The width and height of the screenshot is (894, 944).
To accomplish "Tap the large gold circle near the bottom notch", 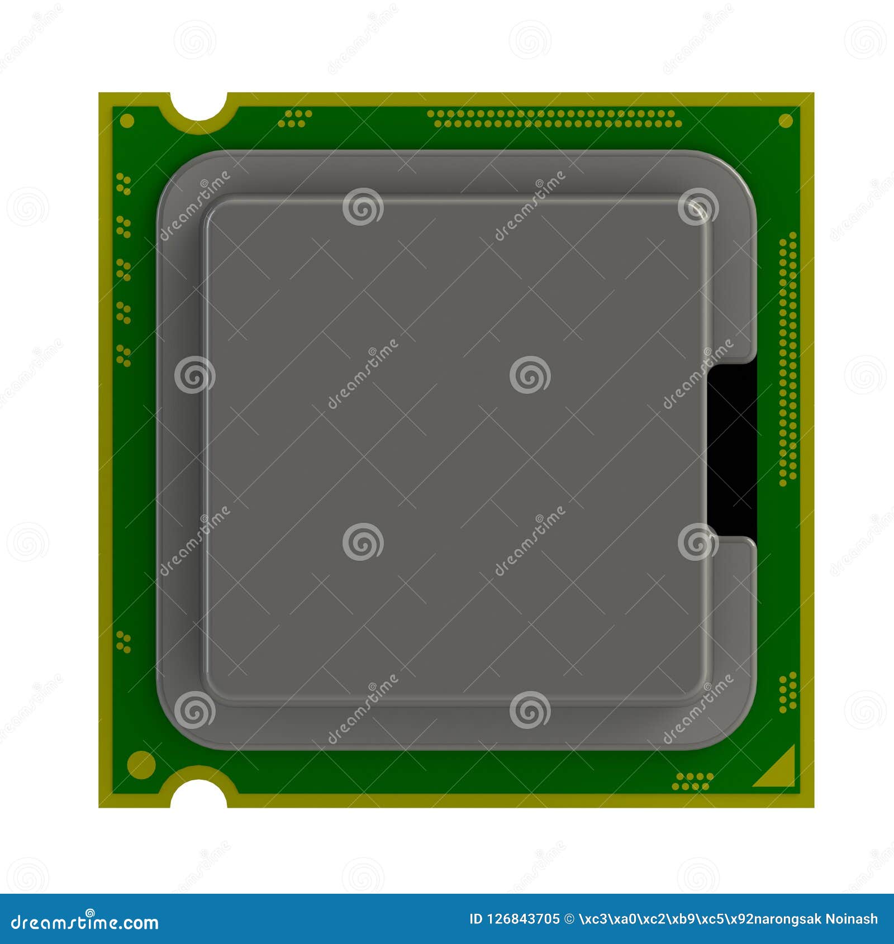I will point(141,765).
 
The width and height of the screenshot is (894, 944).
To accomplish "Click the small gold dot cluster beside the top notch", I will point(296,118).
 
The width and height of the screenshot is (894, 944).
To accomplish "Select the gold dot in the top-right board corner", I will point(786,121).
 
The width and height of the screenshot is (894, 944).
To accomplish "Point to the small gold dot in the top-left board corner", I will point(127,121).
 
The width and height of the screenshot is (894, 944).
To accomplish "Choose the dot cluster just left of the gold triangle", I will point(692,781).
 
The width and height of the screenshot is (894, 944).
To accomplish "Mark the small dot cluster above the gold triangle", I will point(788,692).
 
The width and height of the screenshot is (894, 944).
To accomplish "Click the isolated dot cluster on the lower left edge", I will point(123,642).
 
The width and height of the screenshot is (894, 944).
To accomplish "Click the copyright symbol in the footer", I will point(569,919).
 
